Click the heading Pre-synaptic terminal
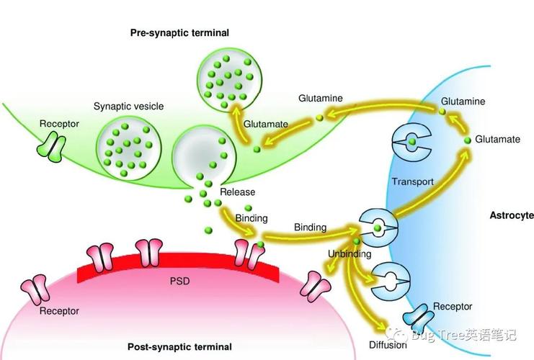(179, 32)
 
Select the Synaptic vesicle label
(128, 107)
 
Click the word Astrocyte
(511, 215)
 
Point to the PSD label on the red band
(179, 280)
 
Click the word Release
(237, 192)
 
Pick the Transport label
(412, 181)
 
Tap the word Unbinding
(350, 254)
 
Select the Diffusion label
(388, 343)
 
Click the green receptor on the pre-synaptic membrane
(50, 148)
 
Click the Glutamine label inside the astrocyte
(463, 102)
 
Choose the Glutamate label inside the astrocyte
(497, 140)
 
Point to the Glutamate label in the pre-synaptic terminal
(265, 124)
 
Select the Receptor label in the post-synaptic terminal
(59, 311)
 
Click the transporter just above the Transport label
(411, 143)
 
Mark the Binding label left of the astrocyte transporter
(310, 228)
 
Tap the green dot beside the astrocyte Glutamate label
(468, 139)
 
